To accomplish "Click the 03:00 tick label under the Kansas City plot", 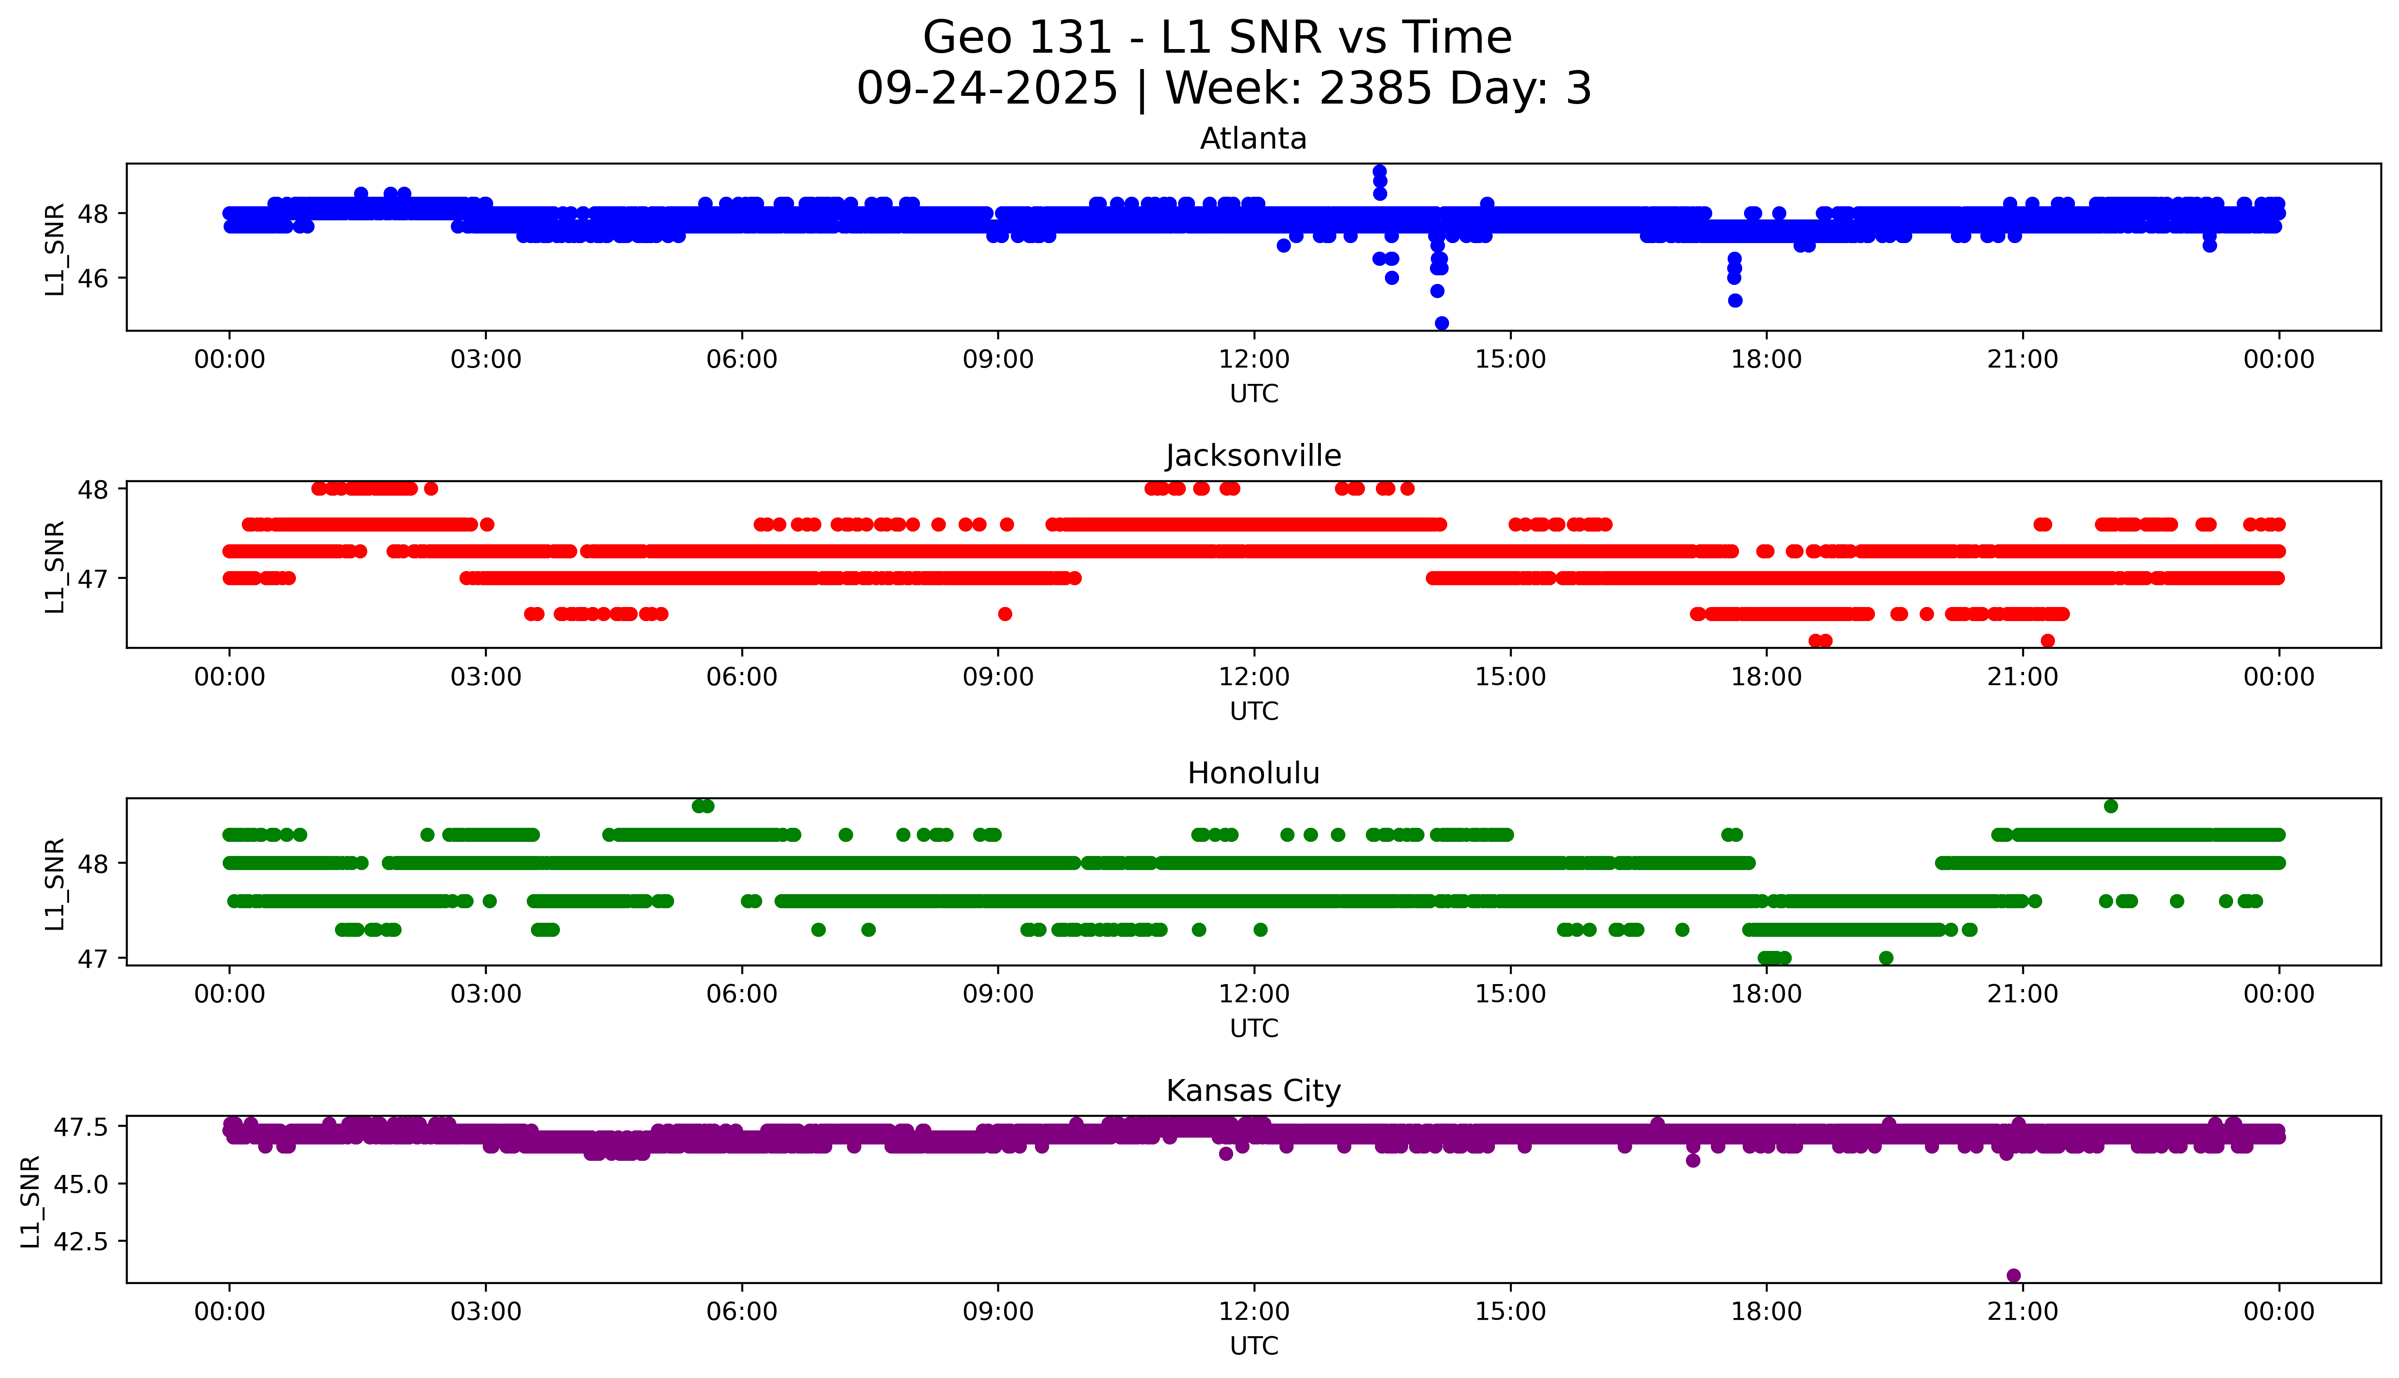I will pos(486,1312).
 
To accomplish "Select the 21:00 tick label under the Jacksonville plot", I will pos(2022,677).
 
